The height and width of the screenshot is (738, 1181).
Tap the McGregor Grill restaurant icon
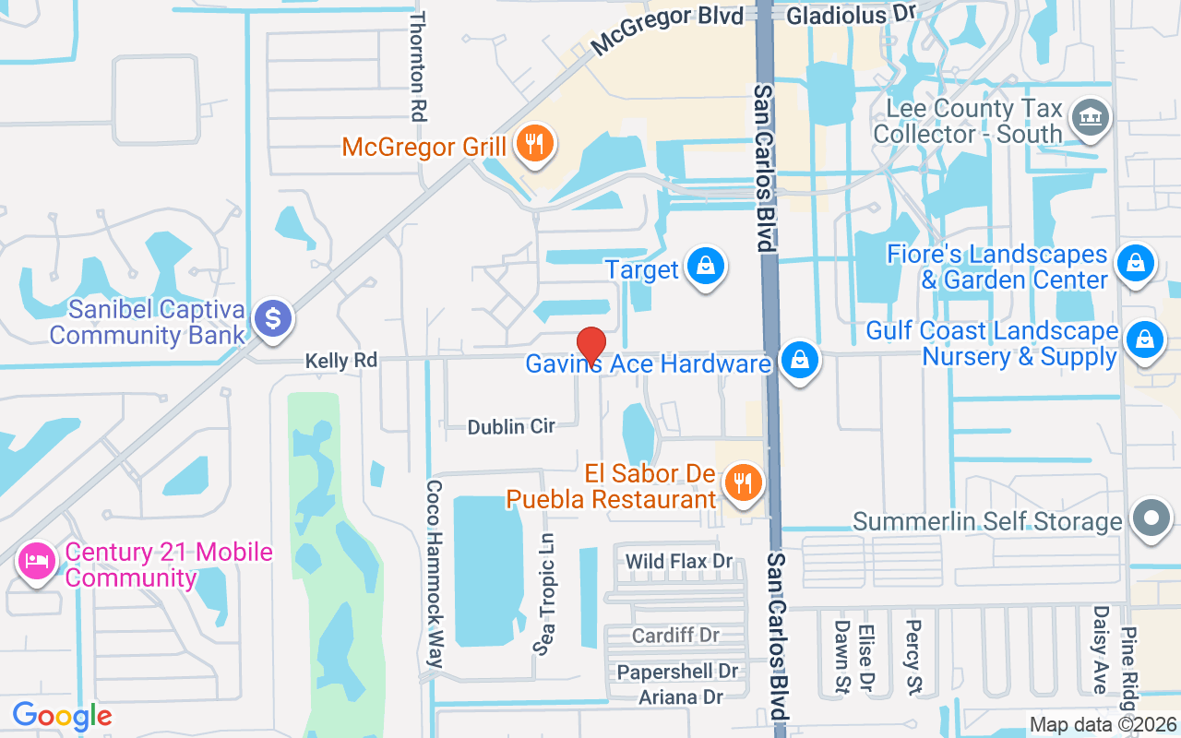click(x=533, y=144)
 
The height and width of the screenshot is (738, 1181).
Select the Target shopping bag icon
click(x=706, y=268)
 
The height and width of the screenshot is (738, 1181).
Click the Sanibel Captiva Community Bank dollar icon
click(x=273, y=319)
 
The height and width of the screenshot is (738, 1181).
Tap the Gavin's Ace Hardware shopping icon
click(x=799, y=361)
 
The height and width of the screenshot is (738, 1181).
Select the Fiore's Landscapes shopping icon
click(x=1135, y=264)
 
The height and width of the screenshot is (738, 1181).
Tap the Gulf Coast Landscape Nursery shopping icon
click(x=1145, y=339)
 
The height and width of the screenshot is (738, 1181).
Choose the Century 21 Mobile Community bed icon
click(x=37, y=560)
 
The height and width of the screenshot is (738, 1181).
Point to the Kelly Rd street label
click(x=341, y=361)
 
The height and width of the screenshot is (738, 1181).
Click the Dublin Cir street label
click(x=511, y=427)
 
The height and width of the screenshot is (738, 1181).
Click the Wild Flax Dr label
click(x=678, y=562)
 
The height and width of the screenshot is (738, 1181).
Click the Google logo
click(x=62, y=716)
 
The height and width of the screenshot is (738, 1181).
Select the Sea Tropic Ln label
click(x=545, y=593)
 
